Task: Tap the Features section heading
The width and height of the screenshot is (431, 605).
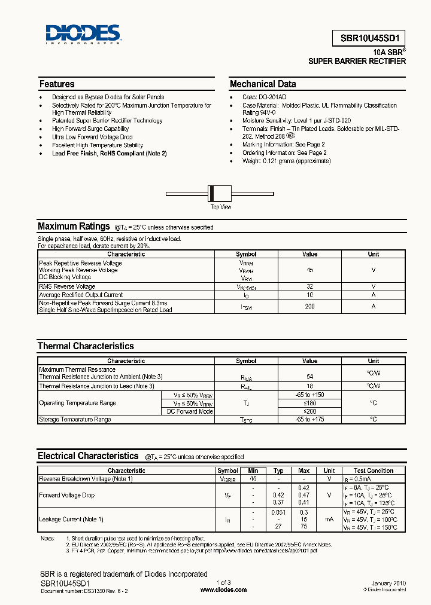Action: point(57,84)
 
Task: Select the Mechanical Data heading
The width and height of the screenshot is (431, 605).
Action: point(263,84)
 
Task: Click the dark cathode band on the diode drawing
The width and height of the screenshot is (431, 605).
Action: point(211,194)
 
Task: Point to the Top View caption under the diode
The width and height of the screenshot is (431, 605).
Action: point(220,207)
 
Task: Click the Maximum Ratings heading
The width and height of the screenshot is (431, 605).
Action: point(74,227)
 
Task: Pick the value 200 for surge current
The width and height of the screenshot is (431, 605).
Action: point(310,306)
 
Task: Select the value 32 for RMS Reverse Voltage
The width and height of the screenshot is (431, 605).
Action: point(310,286)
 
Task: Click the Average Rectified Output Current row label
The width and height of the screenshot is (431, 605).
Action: point(81,295)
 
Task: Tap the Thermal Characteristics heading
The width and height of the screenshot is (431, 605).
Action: point(86,346)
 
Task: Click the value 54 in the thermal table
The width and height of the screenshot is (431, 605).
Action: point(310,377)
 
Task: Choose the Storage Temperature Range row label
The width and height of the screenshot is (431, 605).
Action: point(75,420)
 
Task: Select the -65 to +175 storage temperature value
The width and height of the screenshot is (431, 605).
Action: point(310,420)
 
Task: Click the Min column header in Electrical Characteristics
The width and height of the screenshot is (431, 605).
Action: point(254,470)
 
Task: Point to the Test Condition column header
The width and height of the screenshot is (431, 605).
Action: point(373,470)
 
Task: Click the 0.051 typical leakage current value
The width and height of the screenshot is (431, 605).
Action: point(278,512)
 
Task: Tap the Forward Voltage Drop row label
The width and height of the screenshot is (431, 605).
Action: point(66,495)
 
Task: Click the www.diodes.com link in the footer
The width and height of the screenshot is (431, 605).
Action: point(223,589)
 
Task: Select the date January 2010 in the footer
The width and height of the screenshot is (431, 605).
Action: point(388,583)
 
